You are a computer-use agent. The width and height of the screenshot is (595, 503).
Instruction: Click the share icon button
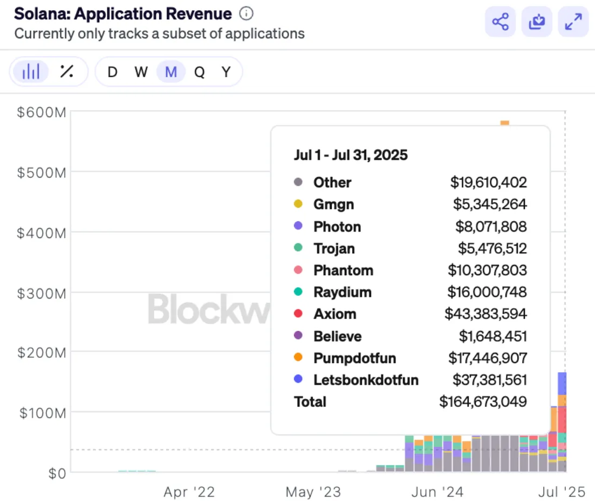500,22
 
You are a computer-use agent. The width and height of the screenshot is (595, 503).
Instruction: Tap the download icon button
536,22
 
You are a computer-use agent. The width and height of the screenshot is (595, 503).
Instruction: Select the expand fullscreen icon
573,22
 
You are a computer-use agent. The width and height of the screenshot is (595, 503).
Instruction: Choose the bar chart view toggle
31,71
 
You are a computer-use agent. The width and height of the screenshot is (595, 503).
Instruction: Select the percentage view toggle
67,71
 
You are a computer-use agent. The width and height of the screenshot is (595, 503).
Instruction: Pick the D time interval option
112,72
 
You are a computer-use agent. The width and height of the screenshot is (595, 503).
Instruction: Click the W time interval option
141,72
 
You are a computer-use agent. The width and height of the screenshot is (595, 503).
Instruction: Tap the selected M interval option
171,72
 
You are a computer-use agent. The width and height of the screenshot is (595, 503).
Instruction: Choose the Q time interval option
200,72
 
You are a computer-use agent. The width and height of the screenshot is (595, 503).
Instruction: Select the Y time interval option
227,72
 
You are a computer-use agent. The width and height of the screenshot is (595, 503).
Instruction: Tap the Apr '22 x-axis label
189,492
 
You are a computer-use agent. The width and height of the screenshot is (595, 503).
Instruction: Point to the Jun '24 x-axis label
437,492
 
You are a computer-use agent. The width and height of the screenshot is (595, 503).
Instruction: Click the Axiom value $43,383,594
485,314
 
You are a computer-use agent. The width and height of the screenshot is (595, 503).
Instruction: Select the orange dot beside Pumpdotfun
298,358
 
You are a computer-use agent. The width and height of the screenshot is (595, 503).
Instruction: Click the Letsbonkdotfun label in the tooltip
366,380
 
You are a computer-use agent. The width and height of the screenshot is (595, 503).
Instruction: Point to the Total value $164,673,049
483,402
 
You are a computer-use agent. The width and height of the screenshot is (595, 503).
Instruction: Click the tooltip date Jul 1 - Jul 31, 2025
351,155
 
